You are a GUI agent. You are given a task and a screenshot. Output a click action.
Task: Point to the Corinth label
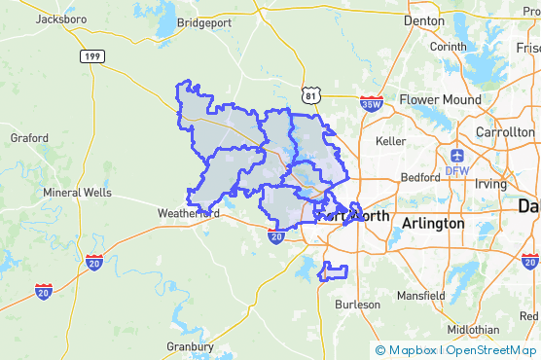pyautogui.click(x=448, y=46)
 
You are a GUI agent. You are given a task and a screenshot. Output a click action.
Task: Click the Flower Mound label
pyautogui.click(x=440, y=99)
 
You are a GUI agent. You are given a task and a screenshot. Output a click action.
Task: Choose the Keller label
pyautogui.click(x=389, y=141)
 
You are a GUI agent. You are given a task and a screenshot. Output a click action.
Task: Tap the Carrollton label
pyautogui.click(x=506, y=132)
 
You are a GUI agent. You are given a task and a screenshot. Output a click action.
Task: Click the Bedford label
pyautogui.click(x=420, y=178)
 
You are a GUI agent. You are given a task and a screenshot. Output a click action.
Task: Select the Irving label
pyautogui.click(x=490, y=183)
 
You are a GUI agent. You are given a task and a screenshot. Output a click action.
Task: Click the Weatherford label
pyautogui.click(x=188, y=212)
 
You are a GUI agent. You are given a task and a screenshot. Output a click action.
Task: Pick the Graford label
pyautogui.click(x=29, y=138)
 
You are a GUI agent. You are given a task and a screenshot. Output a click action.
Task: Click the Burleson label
pyautogui.click(x=357, y=305)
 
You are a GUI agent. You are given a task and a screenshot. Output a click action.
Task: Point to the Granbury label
pyautogui.click(x=190, y=346)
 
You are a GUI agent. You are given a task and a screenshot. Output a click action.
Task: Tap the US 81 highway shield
pyautogui.click(x=309, y=95)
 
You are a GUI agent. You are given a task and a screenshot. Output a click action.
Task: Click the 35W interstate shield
pyautogui.click(x=371, y=102)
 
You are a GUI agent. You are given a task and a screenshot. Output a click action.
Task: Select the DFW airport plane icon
pyautogui.click(x=457, y=155)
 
